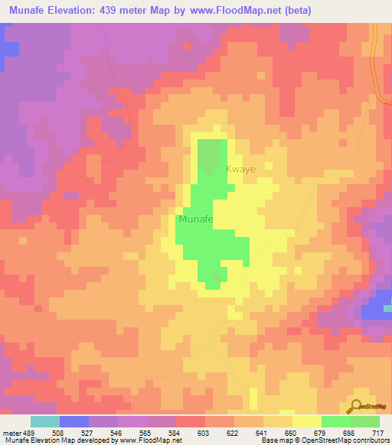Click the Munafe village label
coord(194,219)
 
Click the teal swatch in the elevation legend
coord(45,421)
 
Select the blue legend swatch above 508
coord(74,421)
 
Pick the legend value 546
coord(117,434)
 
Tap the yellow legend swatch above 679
coord(306,421)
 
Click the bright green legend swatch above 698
coord(335,421)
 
